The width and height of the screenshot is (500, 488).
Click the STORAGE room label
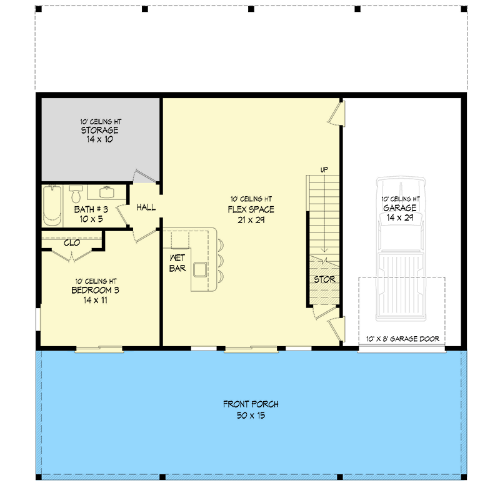(x=99, y=130)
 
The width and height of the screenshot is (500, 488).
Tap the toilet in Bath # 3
(x=76, y=194)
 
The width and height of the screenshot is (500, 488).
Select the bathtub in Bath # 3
(x=52, y=206)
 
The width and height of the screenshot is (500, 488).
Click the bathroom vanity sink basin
(x=106, y=192)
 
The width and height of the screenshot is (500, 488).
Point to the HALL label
(x=146, y=207)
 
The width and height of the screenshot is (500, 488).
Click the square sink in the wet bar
(x=200, y=270)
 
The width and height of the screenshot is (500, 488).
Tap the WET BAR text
(x=177, y=263)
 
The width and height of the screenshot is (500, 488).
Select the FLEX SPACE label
(x=251, y=209)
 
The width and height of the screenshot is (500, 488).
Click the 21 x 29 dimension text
(x=251, y=220)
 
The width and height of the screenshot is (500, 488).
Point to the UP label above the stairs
(x=324, y=170)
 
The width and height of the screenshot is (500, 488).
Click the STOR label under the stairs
(x=324, y=279)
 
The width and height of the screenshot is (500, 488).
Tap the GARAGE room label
(x=400, y=208)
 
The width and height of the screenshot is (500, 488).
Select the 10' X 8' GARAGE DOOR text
(x=402, y=339)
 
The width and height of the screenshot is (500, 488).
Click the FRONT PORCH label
(x=251, y=404)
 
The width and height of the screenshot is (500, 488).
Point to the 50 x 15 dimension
(x=251, y=416)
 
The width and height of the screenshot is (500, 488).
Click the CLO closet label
(x=72, y=243)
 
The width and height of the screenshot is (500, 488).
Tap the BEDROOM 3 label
(x=96, y=290)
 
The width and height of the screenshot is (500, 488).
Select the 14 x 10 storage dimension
(x=99, y=139)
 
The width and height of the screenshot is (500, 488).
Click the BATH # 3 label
(x=91, y=209)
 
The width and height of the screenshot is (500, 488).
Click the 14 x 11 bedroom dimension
(x=96, y=300)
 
